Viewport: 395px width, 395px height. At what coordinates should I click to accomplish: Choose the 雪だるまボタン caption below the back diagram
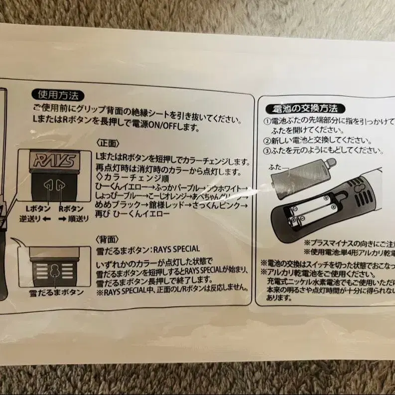[56, 292]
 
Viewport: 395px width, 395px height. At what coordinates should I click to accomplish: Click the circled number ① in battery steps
[266, 122]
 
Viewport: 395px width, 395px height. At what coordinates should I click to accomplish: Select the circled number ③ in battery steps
[266, 150]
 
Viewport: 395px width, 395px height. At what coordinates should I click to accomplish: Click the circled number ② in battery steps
[266, 141]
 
